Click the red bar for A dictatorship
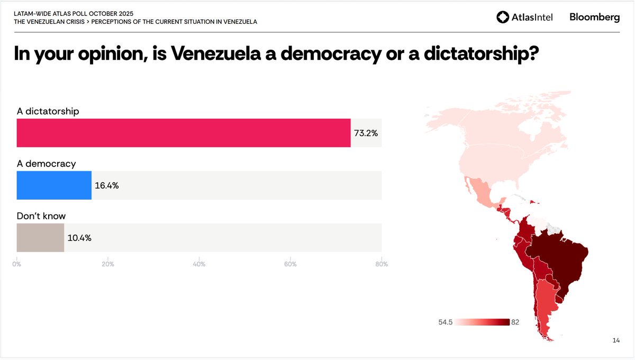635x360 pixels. point(183,133)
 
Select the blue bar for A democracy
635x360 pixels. point(54,185)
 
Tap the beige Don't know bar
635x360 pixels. point(40,238)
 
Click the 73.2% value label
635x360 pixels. point(366,133)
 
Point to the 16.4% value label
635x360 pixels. point(106,186)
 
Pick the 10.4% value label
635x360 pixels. point(79,238)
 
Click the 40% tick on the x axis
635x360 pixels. point(199,264)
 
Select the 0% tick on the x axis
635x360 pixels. point(17,264)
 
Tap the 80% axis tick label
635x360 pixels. point(381,264)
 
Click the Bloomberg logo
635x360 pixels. point(594,17)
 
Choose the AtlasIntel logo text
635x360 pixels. point(531,17)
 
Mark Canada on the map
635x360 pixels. point(508,122)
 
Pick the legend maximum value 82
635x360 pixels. point(515,322)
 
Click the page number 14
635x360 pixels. point(615,340)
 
